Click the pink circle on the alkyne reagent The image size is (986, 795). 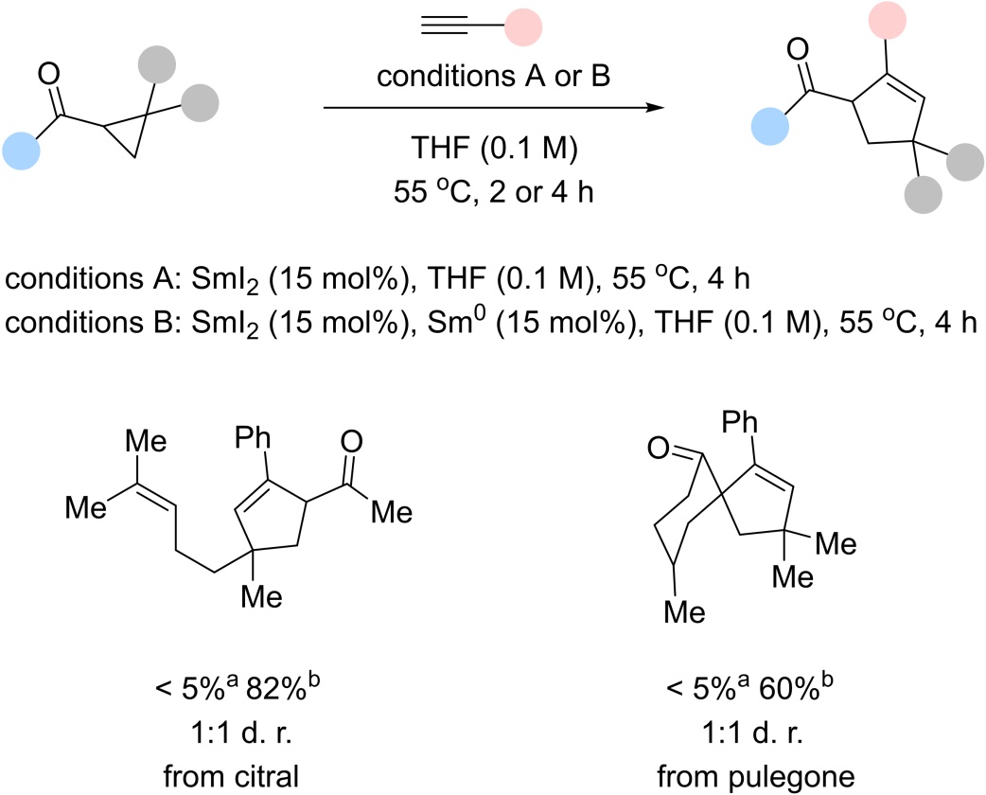[x=522, y=29]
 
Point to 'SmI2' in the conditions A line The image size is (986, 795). [x=179, y=282]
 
